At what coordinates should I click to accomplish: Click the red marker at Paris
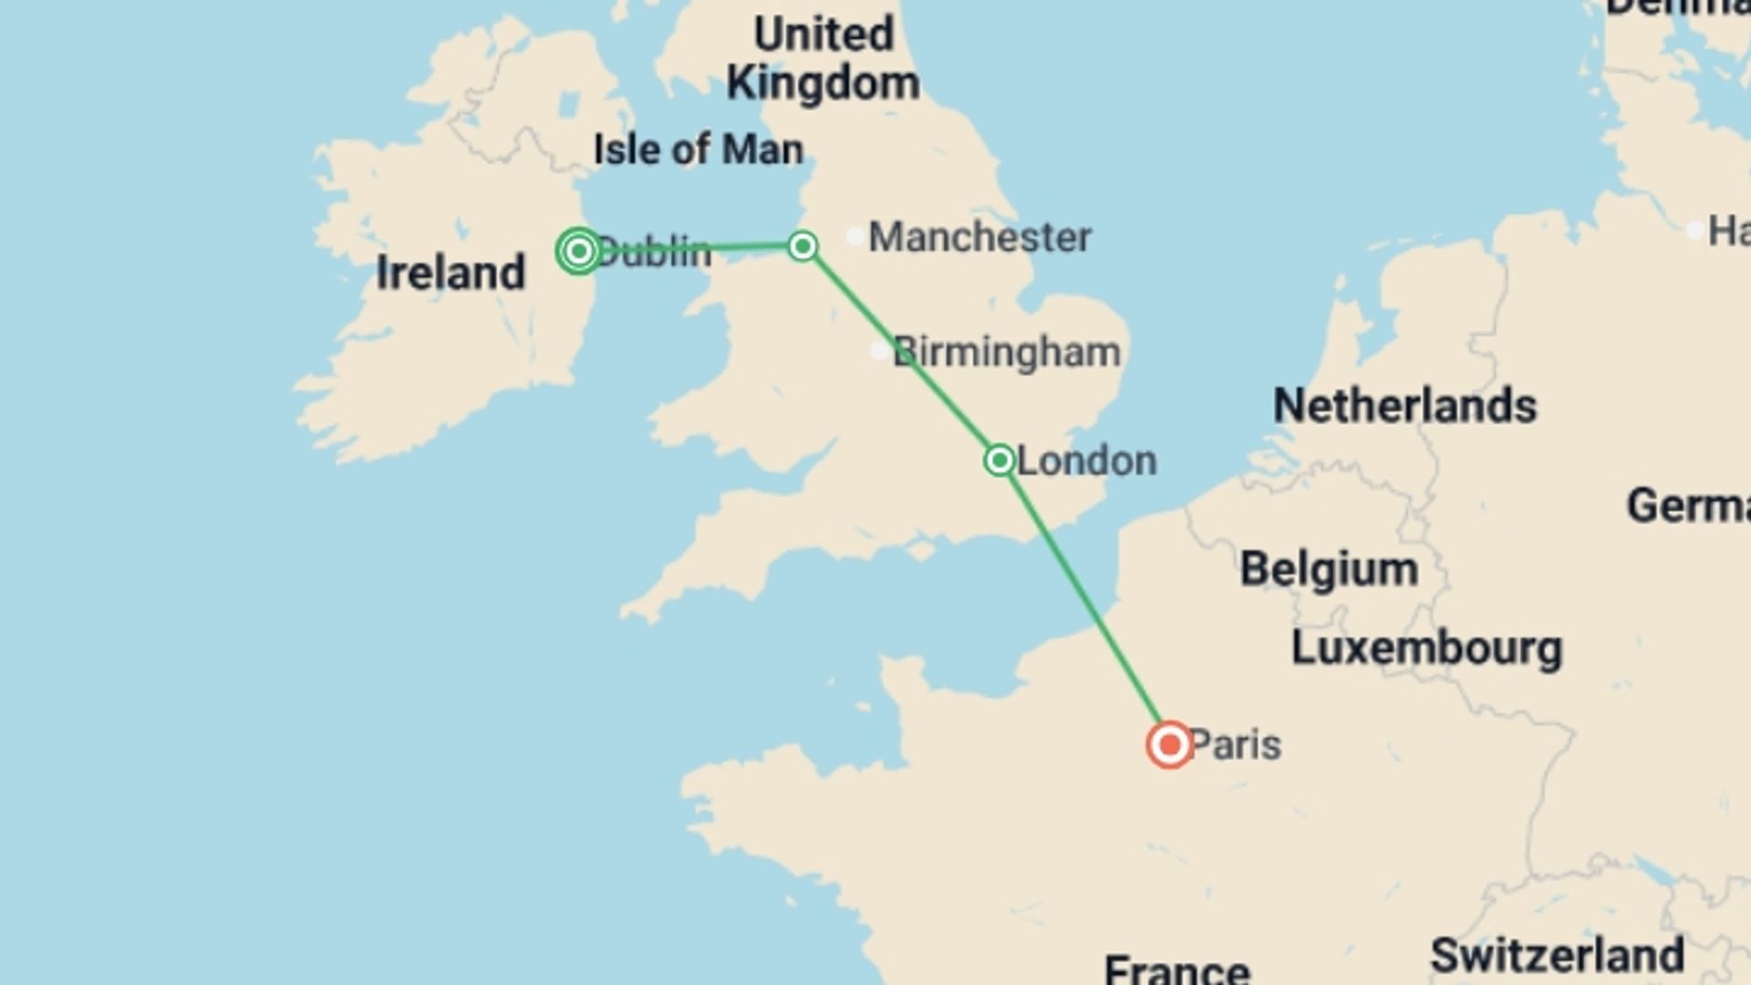(1169, 745)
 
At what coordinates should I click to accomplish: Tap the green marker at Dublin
(578, 251)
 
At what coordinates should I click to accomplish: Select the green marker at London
(1000, 460)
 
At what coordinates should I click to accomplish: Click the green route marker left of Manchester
(803, 246)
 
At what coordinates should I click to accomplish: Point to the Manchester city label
(979, 237)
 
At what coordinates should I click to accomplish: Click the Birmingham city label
(1007, 352)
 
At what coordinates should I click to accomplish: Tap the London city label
(1086, 461)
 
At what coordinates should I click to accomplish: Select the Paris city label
(1236, 745)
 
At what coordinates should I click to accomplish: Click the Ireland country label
(451, 273)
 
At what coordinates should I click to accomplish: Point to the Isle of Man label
(699, 150)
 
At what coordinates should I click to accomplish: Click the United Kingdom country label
(824, 59)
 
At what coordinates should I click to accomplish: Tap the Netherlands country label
(1404, 406)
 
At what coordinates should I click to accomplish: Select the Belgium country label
(1329, 569)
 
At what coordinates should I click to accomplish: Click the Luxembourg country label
(1426, 648)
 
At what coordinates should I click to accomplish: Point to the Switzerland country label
(1557, 955)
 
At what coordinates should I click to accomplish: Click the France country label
(1176, 969)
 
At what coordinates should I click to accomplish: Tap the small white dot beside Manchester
(855, 237)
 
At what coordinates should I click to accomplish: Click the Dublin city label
(654, 253)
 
